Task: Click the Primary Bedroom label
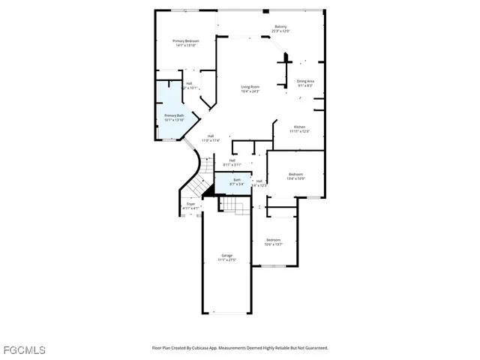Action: (x=184, y=40)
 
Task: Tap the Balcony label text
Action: (x=280, y=28)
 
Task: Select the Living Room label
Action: (x=250, y=87)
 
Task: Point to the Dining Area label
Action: (x=305, y=81)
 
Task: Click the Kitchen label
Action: (x=299, y=127)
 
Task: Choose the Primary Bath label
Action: (x=174, y=115)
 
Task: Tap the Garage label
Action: (x=226, y=255)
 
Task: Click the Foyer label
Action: (x=191, y=203)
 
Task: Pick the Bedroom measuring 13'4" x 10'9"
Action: (x=296, y=175)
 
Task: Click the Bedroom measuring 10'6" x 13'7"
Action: (x=273, y=240)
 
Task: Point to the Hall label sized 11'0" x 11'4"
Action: (x=211, y=137)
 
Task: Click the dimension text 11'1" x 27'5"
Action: (x=226, y=260)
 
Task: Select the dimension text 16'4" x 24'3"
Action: (x=250, y=91)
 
